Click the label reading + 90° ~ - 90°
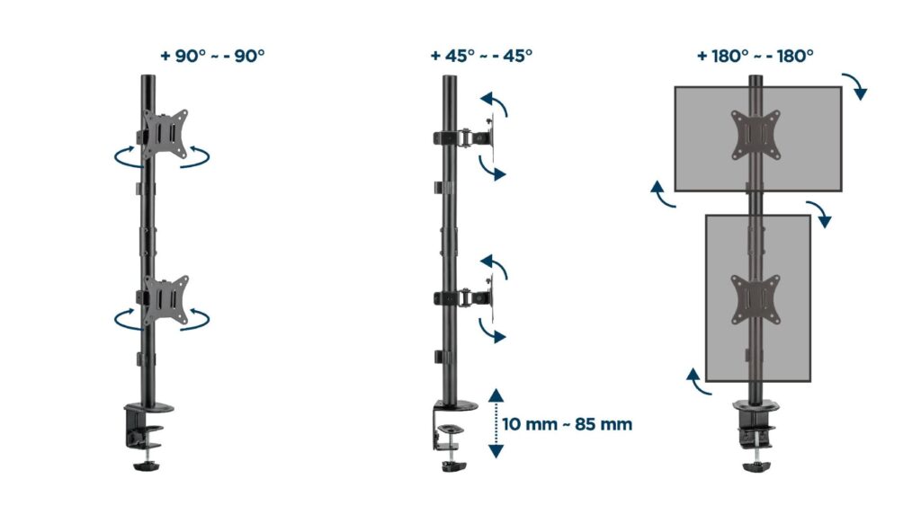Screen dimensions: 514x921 [x=212, y=55]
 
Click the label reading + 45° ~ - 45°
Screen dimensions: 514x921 [x=481, y=55]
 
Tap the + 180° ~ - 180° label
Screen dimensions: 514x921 [x=755, y=55]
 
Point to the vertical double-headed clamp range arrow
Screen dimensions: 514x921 [x=495, y=423]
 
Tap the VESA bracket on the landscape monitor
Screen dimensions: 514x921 [x=755, y=135]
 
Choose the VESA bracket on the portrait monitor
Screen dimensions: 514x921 [x=755, y=299]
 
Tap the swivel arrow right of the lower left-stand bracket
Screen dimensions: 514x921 [x=200, y=318]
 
